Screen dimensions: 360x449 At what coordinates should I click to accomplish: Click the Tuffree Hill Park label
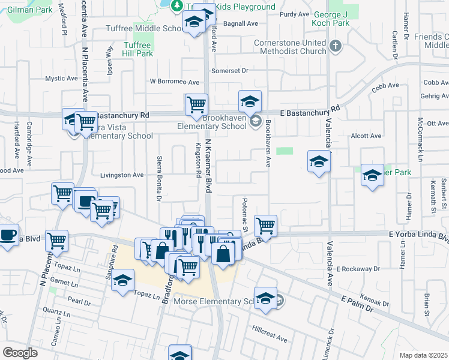point(138,49)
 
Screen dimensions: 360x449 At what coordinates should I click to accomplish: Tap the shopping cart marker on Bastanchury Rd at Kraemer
point(196,104)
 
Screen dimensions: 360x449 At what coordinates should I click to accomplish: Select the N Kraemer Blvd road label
point(209,165)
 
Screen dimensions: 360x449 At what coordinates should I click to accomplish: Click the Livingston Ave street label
point(121,175)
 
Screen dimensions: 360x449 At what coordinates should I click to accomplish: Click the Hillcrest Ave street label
point(270,335)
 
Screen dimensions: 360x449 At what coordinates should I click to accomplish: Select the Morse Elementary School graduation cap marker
point(265,298)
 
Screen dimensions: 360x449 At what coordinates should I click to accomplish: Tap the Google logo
point(20,353)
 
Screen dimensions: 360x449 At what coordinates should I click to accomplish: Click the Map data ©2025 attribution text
point(423,355)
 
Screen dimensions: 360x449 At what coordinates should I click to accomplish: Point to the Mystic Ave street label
point(62,79)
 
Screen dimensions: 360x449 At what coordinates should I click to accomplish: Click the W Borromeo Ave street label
point(174,82)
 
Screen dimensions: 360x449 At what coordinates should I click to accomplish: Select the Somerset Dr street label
point(229,71)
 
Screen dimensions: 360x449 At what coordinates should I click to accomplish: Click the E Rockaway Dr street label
point(359,269)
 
